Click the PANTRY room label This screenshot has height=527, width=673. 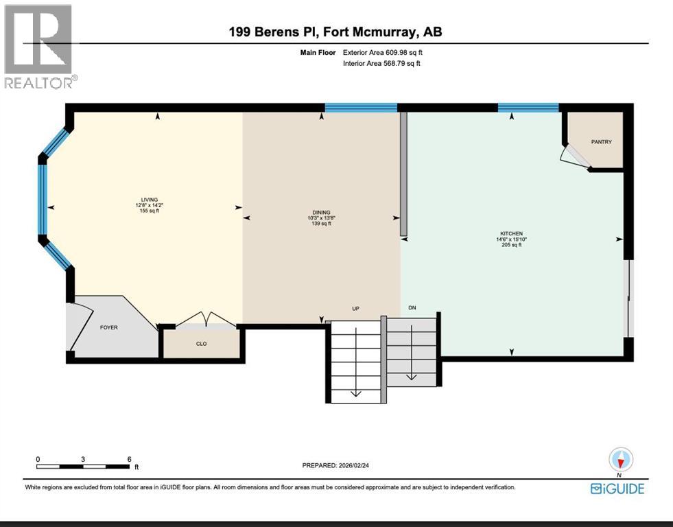601,141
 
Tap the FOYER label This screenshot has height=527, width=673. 108,327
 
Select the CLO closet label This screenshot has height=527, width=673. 201,344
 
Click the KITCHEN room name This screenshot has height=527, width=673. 511,234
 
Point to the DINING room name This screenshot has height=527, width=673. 322,213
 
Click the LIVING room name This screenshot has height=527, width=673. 150,200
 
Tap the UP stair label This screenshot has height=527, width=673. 355,309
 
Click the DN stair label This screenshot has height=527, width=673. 412,307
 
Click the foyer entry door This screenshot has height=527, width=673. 82,326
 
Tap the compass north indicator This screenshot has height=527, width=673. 621,460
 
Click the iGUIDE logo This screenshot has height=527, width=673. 617,489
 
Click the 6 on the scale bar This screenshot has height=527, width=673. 129,459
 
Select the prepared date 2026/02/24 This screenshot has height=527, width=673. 354,465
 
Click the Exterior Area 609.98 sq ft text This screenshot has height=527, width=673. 383,53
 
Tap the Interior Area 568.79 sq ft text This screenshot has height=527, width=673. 381,64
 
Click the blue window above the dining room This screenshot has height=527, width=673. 361,108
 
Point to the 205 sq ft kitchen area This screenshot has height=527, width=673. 511,245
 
